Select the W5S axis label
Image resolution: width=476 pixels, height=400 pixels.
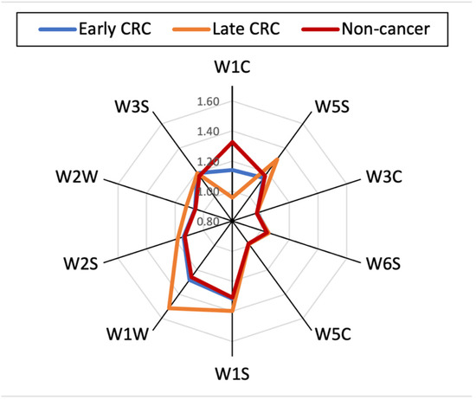[x=333, y=111]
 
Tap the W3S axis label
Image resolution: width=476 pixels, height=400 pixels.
[x=135, y=111]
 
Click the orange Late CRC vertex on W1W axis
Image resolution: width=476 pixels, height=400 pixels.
[x=170, y=308]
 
